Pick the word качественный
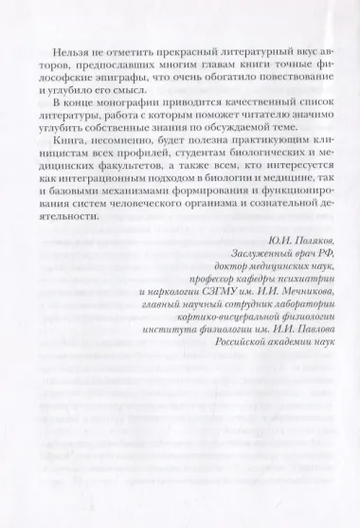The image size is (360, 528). point(251,100)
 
